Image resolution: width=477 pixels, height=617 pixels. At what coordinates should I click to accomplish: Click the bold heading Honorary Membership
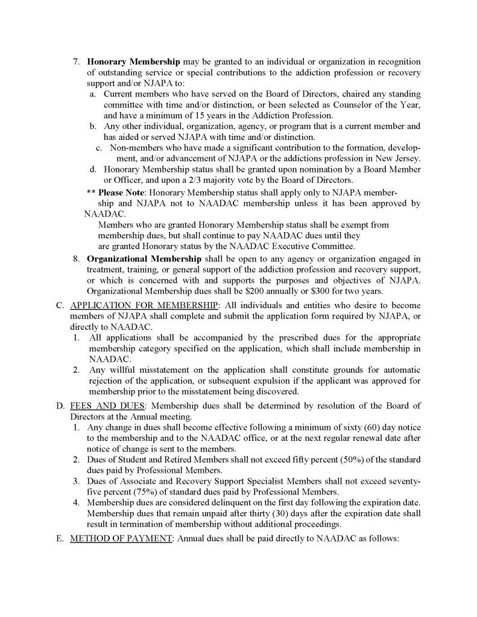tap(134, 62)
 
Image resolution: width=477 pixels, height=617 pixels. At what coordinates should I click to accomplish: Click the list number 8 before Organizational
tap(77, 259)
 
